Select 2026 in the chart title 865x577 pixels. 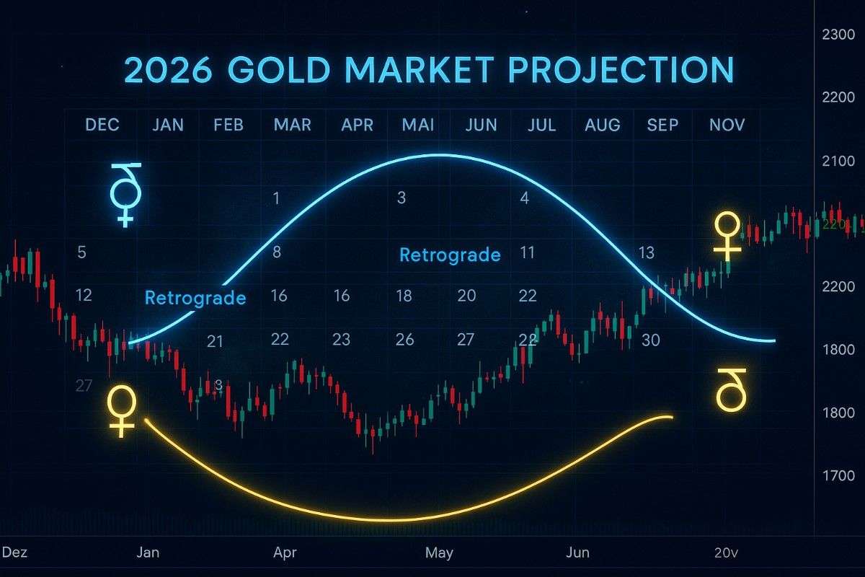[168, 70]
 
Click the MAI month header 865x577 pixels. [418, 125]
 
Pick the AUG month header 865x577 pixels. [603, 125]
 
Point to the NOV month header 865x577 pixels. [727, 125]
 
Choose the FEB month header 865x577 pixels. [229, 125]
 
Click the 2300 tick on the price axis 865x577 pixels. [838, 33]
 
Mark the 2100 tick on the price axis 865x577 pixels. [838, 160]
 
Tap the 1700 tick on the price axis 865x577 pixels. [838, 475]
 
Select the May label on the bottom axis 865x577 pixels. [439, 553]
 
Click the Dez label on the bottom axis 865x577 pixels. [14, 553]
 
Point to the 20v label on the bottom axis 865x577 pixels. [727, 553]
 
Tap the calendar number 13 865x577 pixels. [646, 252]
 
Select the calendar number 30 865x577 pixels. [650, 340]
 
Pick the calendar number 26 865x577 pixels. [405, 340]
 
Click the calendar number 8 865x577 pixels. [277, 252]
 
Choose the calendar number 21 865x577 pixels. [215, 341]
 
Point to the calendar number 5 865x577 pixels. [81, 252]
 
